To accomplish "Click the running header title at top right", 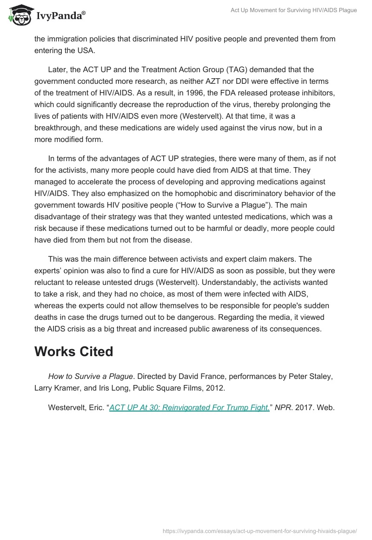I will (x=294, y=10).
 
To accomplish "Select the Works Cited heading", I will (x=73, y=351).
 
